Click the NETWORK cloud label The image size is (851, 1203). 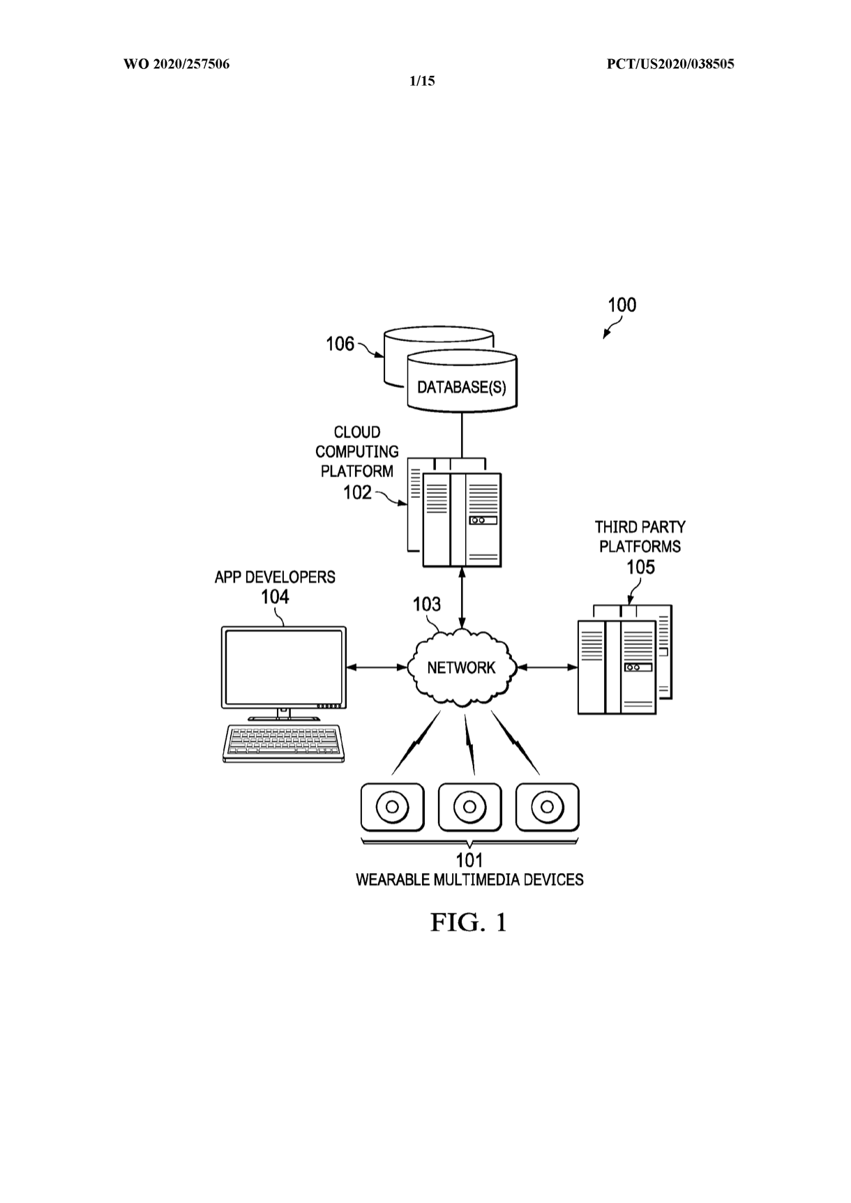[x=461, y=668]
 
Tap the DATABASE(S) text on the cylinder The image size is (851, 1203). [x=461, y=387]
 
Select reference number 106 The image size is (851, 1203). [x=340, y=345]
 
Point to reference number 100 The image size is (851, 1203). [x=622, y=305]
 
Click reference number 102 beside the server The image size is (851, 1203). [x=357, y=492]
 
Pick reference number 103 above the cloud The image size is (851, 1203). [x=426, y=604]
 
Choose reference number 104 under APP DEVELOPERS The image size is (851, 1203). [x=275, y=597]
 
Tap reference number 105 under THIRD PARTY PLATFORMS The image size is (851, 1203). [x=640, y=567]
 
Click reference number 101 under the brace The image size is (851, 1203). [x=469, y=861]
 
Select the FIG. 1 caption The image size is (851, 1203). [x=468, y=923]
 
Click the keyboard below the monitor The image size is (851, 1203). [x=284, y=743]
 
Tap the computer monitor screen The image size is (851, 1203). [x=283, y=667]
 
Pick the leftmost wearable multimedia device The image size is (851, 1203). [x=392, y=808]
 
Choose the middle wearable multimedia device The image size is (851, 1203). [x=469, y=808]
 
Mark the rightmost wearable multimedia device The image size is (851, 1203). [x=547, y=808]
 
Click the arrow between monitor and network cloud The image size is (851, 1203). [x=377, y=667]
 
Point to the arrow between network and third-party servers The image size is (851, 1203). [x=548, y=667]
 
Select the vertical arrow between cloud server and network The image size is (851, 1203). [x=461, y=597]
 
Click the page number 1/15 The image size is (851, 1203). [x=421, y=81]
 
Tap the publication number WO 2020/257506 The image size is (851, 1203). [x=176, y=65]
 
